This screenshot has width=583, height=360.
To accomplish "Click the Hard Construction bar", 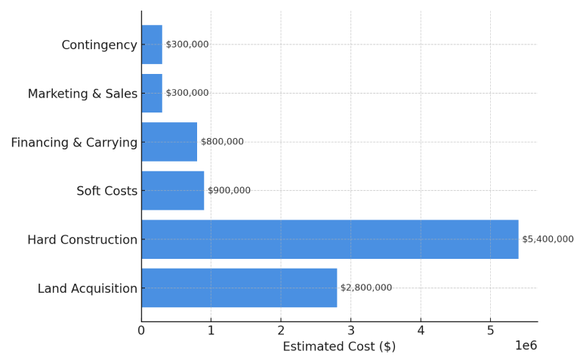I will (x=329, y=239).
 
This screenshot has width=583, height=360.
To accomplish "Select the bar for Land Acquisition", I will (x=239, y=288).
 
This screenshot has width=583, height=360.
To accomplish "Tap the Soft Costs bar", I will (x=172, y=190).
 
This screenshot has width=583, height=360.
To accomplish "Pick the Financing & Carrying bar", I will (x=169, y=142).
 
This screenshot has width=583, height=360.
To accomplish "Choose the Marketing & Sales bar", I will (x=152, y=93).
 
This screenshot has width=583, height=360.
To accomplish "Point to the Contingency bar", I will (x=152, y=45).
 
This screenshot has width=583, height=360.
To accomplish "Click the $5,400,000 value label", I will (x=548, y=239).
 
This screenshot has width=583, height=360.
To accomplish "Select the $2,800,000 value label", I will (x=366, y=288).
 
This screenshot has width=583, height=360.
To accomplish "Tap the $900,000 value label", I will (x=229, y=190).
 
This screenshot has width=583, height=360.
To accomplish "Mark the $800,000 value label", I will (x=222, y=142).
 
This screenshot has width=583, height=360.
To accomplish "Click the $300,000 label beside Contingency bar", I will (x=187, y=45).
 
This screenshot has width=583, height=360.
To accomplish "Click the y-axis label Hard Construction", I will (x=82, y=240).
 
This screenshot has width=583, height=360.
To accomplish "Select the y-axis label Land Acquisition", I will (x=88, y=288).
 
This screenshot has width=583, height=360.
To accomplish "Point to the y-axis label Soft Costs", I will (x=106, y=191).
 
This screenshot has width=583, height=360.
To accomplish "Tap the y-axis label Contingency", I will (x=99, y=45).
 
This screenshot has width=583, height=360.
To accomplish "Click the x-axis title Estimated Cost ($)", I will (x=339, y=346).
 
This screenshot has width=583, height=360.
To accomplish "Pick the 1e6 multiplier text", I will (x=526, y=346).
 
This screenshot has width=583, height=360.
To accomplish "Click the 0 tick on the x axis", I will (x=141, y=330).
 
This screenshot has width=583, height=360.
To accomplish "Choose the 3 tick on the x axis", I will (x=350, y=330).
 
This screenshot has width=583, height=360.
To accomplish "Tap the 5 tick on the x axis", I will (x=490, y=330).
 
